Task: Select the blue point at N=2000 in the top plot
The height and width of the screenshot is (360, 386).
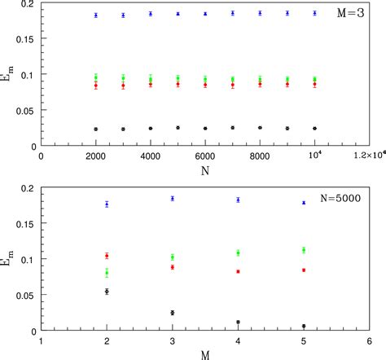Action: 96,15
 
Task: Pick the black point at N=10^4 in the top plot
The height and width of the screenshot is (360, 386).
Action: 314,128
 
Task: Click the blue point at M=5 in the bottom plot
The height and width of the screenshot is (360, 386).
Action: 304,203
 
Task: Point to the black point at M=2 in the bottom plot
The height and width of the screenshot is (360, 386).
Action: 107,291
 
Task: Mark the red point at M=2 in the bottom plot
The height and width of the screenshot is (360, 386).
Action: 107,256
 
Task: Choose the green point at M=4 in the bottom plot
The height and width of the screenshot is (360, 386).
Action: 238,253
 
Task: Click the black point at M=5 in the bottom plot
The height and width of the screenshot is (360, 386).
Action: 304,326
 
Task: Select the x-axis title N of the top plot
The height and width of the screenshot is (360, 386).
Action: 205,172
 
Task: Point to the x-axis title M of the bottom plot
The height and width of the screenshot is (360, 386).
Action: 205,353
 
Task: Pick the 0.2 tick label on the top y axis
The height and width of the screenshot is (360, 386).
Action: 30,7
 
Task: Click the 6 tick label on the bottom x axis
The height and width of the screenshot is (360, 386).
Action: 369,342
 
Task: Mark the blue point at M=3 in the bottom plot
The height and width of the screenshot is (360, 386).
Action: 173,198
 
